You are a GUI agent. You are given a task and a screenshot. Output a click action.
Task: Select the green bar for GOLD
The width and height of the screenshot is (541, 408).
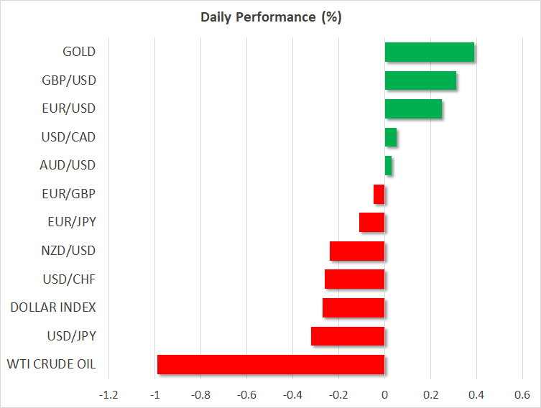pos(429,52)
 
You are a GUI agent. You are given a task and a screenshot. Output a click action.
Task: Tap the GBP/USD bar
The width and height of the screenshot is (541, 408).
pos(420,80)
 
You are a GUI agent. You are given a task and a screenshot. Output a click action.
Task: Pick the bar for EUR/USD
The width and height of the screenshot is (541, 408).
pos(413,108)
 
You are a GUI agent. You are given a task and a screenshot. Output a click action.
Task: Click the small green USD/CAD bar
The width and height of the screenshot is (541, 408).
pos(391,137)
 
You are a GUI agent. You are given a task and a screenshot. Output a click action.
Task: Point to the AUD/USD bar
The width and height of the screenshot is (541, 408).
pos(388,165)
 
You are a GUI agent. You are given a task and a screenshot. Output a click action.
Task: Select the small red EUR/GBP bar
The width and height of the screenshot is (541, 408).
pos(379,194)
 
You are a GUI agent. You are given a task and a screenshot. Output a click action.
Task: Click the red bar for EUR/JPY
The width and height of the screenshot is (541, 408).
pos(372,223)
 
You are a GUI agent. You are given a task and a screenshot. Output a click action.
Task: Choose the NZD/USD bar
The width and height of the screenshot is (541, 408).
pos(357,251)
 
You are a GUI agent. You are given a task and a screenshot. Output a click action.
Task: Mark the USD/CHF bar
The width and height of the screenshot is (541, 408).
pos(355,279)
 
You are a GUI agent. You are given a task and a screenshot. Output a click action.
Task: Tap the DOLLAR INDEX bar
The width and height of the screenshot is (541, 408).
pos(353,307)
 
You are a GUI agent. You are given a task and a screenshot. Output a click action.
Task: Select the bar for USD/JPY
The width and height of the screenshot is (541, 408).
pos(348,336)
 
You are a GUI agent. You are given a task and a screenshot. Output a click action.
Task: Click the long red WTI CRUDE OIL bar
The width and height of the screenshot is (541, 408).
pos(271,364)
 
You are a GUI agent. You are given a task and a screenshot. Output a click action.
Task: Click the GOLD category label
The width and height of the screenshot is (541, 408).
pos(79,52)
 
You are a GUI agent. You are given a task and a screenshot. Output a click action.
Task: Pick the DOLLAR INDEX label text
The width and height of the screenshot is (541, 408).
pos(53,307)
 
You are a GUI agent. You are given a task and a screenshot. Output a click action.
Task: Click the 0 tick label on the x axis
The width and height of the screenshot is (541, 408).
pos(384,395)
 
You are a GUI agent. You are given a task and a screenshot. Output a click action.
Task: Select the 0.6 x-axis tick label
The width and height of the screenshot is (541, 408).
pos(522,395)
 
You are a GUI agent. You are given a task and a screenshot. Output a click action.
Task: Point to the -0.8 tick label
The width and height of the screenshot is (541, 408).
pos(200,395)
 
